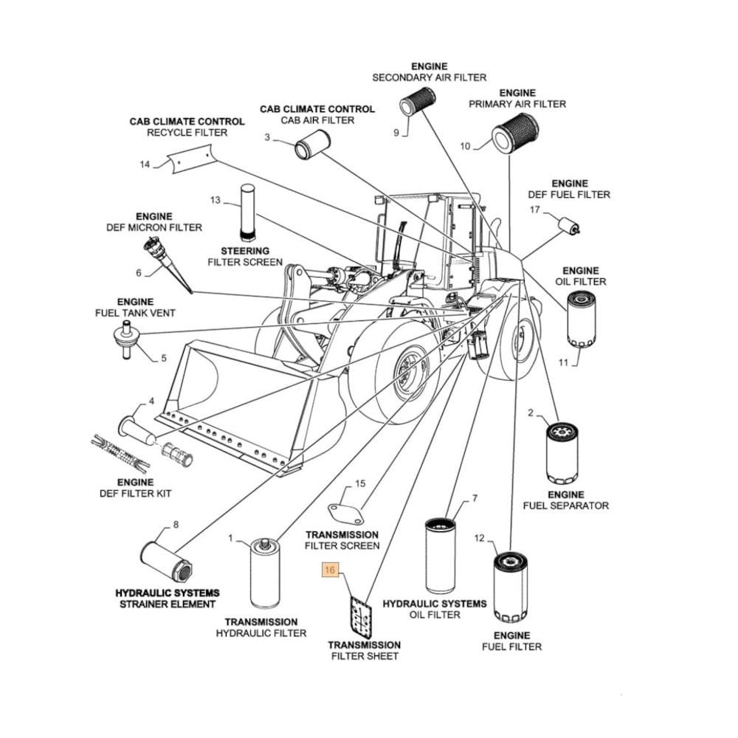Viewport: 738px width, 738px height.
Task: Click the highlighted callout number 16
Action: coord(329,570)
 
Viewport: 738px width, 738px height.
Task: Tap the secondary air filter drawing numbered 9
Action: coord(418,100)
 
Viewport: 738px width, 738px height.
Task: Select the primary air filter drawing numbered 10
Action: coord(515,134)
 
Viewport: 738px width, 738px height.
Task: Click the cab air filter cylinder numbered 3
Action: coord(312,145)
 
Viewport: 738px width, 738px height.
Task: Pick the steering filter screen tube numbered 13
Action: coord(247,213)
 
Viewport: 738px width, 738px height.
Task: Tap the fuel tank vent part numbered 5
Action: coord(126,339)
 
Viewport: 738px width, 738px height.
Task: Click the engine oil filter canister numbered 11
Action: coord(581,319)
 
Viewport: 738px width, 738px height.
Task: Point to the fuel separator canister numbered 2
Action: coord(562,453)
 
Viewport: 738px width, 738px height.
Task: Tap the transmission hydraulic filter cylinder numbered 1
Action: coord(265,573)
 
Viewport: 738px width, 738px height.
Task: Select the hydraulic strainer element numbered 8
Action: coord(168,561)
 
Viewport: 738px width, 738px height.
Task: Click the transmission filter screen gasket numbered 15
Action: coord(346,514)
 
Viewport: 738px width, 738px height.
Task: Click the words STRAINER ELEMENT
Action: coord(168,604)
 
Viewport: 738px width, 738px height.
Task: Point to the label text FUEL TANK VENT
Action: coord(135,313)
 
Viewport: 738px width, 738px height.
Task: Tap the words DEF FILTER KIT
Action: coord(136,494)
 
